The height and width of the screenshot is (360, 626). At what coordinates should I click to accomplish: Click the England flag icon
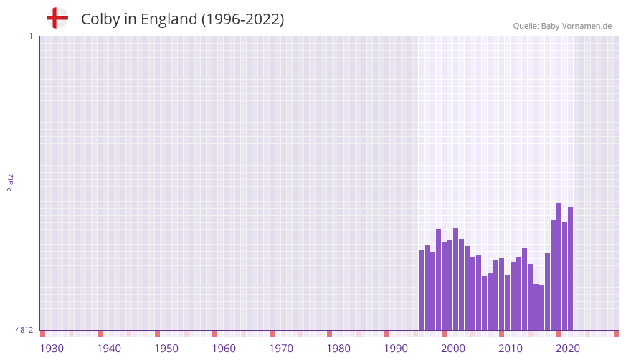tap(57, 18)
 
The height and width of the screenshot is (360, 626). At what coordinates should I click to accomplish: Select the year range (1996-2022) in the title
tap(242, 19)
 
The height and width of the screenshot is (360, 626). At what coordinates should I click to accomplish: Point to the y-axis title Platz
tap(10, 182)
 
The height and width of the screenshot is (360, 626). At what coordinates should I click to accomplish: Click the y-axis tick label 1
tap(30, 36)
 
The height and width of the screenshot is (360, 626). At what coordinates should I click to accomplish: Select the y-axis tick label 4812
tap(24, 330)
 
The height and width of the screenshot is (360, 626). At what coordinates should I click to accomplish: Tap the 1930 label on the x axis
tap(52, 349)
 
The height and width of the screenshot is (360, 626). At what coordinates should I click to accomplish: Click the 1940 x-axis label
tap(109, 349)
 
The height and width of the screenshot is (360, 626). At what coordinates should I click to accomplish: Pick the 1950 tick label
tap(166, 349)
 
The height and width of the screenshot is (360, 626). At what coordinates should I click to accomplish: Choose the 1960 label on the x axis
tap(224, 349)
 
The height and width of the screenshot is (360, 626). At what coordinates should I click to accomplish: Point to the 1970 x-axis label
tap(281, 349)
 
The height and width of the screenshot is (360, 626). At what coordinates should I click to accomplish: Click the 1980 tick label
tap(338, 349)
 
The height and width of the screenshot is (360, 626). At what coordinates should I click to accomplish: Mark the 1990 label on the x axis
tap(396, 349)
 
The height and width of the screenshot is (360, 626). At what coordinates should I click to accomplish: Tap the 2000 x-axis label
tap(453, 349)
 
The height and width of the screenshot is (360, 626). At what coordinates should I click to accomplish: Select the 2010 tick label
tap(511, 349)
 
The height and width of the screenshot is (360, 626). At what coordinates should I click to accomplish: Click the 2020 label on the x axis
tap(568, 349)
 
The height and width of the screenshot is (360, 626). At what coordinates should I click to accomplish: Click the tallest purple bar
tap(559, 266)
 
